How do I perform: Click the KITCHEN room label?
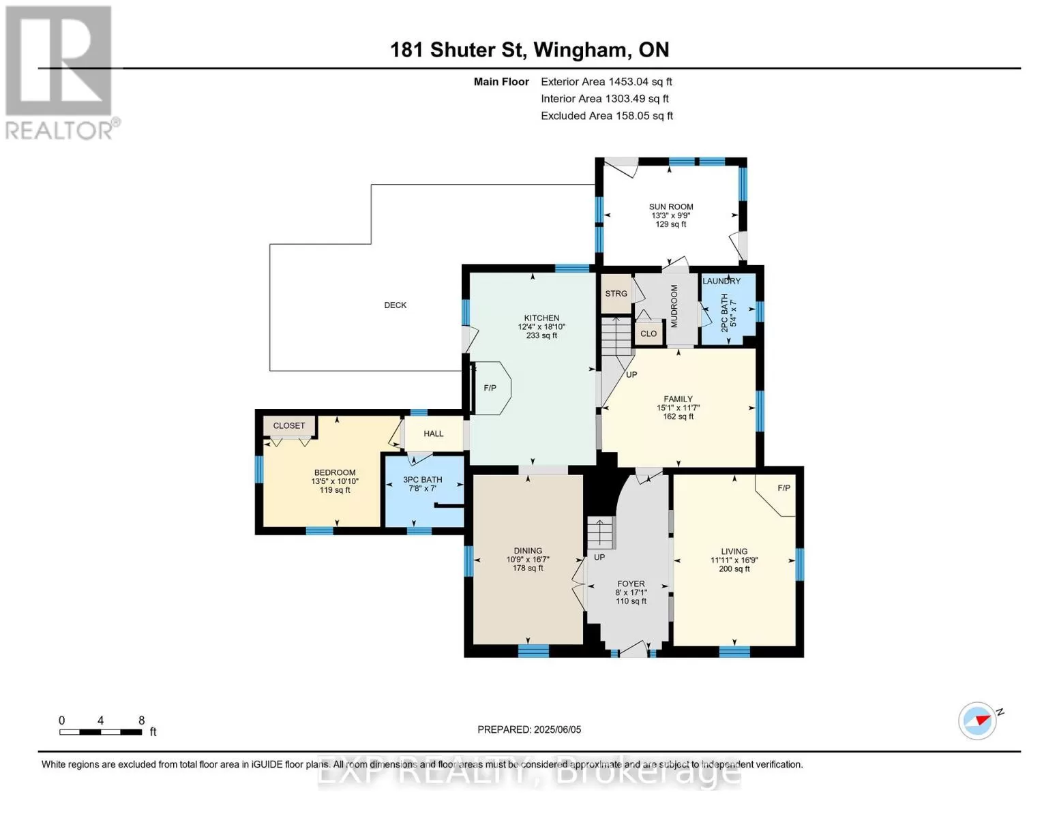click(541, 318)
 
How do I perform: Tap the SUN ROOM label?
click(670, 207)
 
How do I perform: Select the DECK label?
click(396, 305)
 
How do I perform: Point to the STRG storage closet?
click(616, 293)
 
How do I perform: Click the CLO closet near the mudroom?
click(648, 334)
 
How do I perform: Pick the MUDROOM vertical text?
click(674, 306)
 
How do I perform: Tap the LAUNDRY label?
click(721, 281)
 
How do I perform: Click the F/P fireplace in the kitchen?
click(490, 388)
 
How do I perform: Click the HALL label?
click(433, 434)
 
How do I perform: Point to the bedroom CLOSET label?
click(289, 425)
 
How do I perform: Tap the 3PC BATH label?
click(423, 479)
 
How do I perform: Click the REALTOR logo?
click(61, 73)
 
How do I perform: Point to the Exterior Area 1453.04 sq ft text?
click(606, 82)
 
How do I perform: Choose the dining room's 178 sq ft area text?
click(528, 568)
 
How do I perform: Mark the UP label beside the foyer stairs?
click(599, 557)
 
